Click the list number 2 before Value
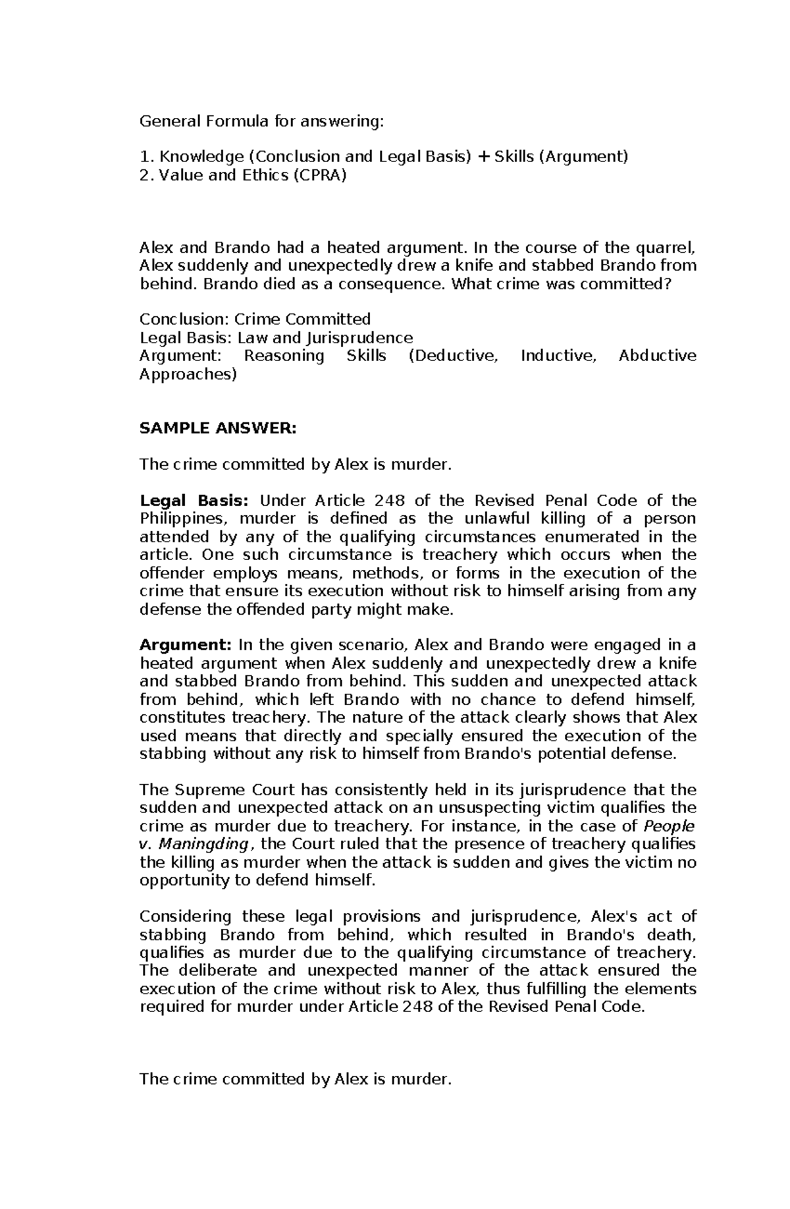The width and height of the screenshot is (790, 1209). pos(145,175)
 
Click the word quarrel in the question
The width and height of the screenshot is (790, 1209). pos(668,248)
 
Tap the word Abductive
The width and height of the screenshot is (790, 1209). pos(657,356)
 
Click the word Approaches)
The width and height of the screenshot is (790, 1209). pos(188,374)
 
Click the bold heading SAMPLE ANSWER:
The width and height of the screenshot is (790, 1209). pos(219,428)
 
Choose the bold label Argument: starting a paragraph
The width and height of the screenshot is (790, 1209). pos(186,644)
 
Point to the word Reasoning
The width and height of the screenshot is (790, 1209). pos(284,356)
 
